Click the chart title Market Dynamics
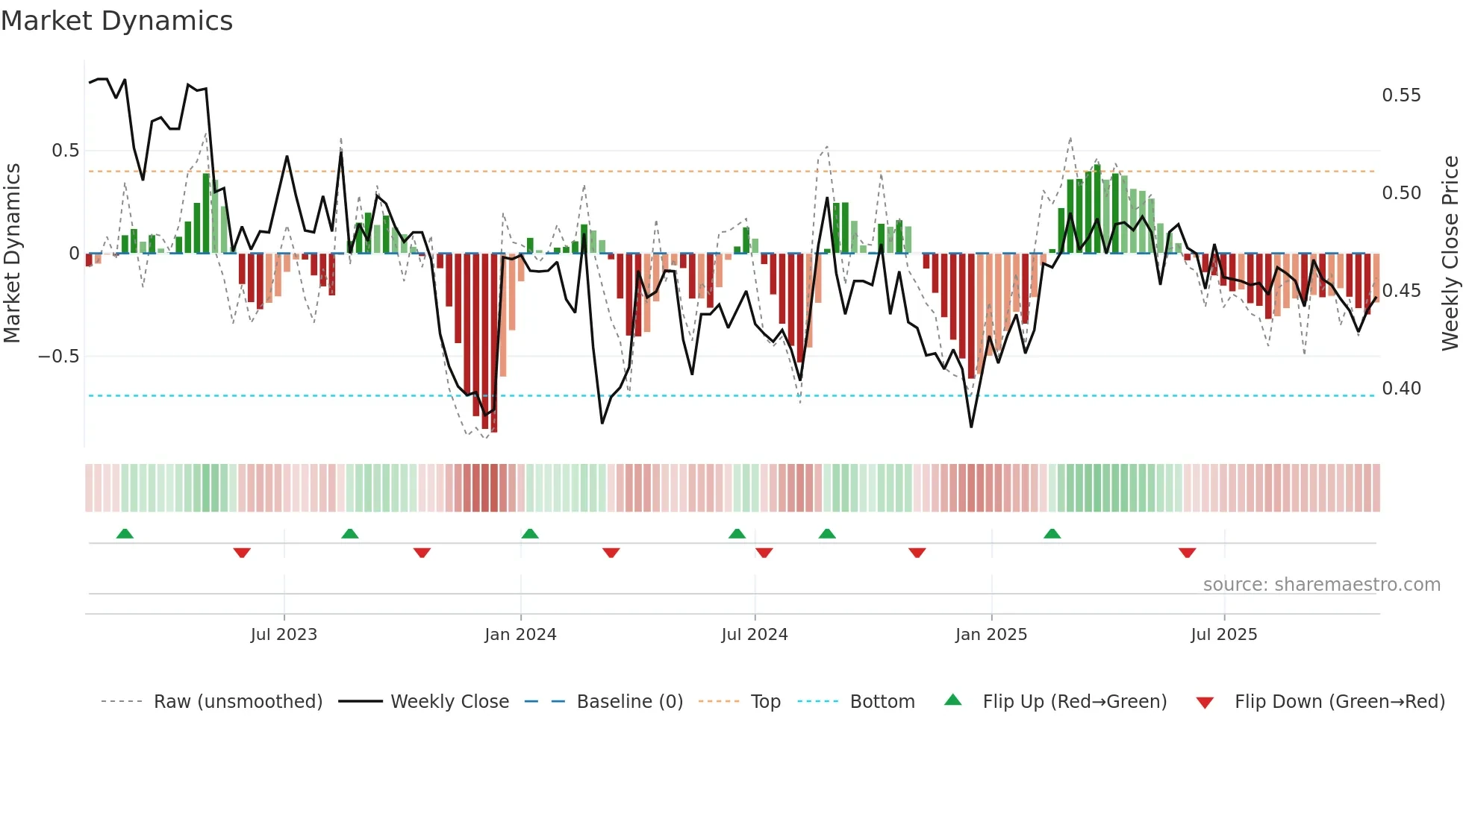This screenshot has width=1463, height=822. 117,21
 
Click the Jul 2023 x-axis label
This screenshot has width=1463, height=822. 284,635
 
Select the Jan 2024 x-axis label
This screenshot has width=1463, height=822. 520,635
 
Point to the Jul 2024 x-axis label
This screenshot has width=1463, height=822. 755,635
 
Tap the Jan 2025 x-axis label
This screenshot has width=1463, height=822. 991,635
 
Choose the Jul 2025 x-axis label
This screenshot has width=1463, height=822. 1224,635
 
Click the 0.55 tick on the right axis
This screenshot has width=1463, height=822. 1401,95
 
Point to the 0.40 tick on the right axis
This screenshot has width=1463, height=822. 1401,389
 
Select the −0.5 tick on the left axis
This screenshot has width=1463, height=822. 58,357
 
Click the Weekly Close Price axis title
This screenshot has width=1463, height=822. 1450,253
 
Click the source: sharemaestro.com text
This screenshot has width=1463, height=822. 1321,585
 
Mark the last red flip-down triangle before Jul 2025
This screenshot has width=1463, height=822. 1188,553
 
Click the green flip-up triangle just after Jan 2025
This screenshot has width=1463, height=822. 1052,533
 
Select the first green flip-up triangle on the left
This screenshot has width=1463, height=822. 125,533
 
